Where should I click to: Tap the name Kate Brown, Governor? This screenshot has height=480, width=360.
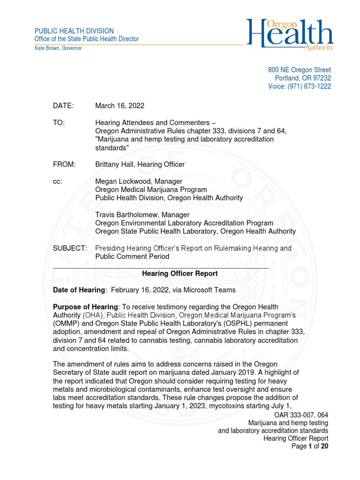tap(59, 48)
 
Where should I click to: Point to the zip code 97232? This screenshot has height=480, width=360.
tap(321, 78)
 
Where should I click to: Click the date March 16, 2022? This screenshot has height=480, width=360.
tap(120, 106)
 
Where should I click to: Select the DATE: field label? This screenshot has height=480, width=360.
tap(63, 106)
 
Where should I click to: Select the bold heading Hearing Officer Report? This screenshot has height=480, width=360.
tap(180, 273)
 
